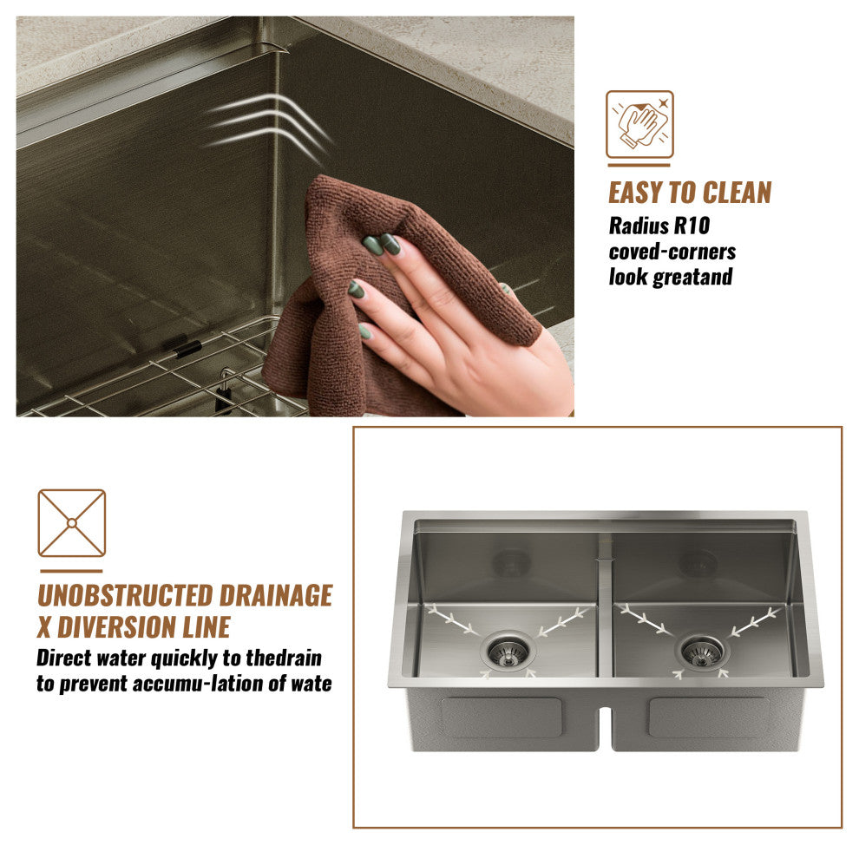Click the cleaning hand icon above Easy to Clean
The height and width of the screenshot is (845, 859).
(639, 125)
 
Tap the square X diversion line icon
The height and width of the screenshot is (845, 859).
(72, 523)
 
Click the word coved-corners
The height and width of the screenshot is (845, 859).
(672, 252)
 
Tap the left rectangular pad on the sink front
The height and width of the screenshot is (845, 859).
(501, 717)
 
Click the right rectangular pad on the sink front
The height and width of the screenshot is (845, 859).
(708, 717)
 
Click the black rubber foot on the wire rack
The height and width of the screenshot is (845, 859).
(187, 349)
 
